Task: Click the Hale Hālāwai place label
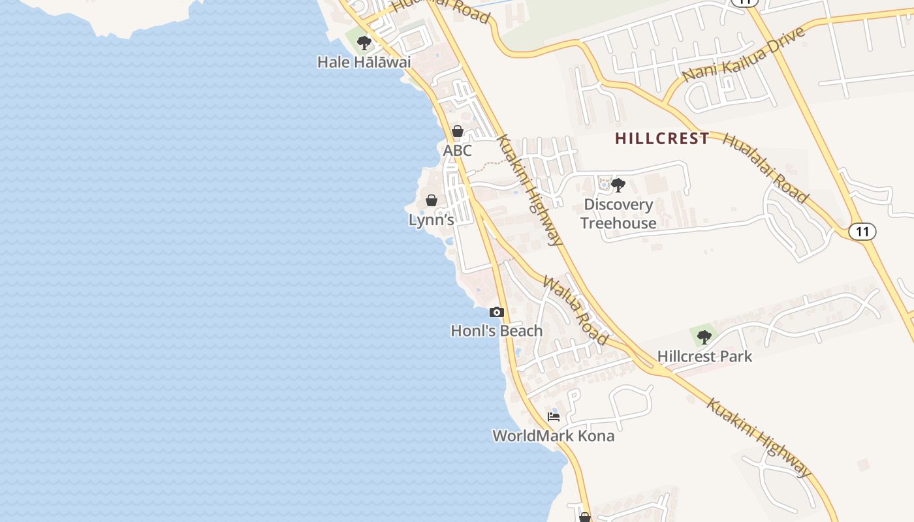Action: tap(364, 62)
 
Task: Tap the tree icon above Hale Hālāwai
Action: tap(364, 43)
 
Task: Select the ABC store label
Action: tap(457, 151)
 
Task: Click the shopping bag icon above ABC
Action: tap(458, 131)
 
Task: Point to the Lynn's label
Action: tap(431, 220)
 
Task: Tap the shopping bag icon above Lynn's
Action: tap(432, 200)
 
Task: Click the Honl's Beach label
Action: tap(496, 331)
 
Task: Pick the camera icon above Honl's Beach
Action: tap(497, 312)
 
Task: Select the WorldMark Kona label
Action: tap(553, 435)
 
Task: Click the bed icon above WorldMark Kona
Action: tap(554, 416)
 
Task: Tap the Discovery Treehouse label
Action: tap(618, 213)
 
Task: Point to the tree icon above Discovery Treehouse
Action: tap(618, 185)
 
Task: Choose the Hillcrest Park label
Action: tap(704, 356)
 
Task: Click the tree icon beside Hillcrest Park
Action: tap(704, 337)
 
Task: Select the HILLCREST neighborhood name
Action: tap(662, 138)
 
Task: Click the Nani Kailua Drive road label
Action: tap(744, 54)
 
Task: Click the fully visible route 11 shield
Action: tap(862, 231)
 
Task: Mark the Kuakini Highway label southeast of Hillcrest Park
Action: tap(759, 437)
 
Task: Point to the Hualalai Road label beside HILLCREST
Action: tap(765, 168)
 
